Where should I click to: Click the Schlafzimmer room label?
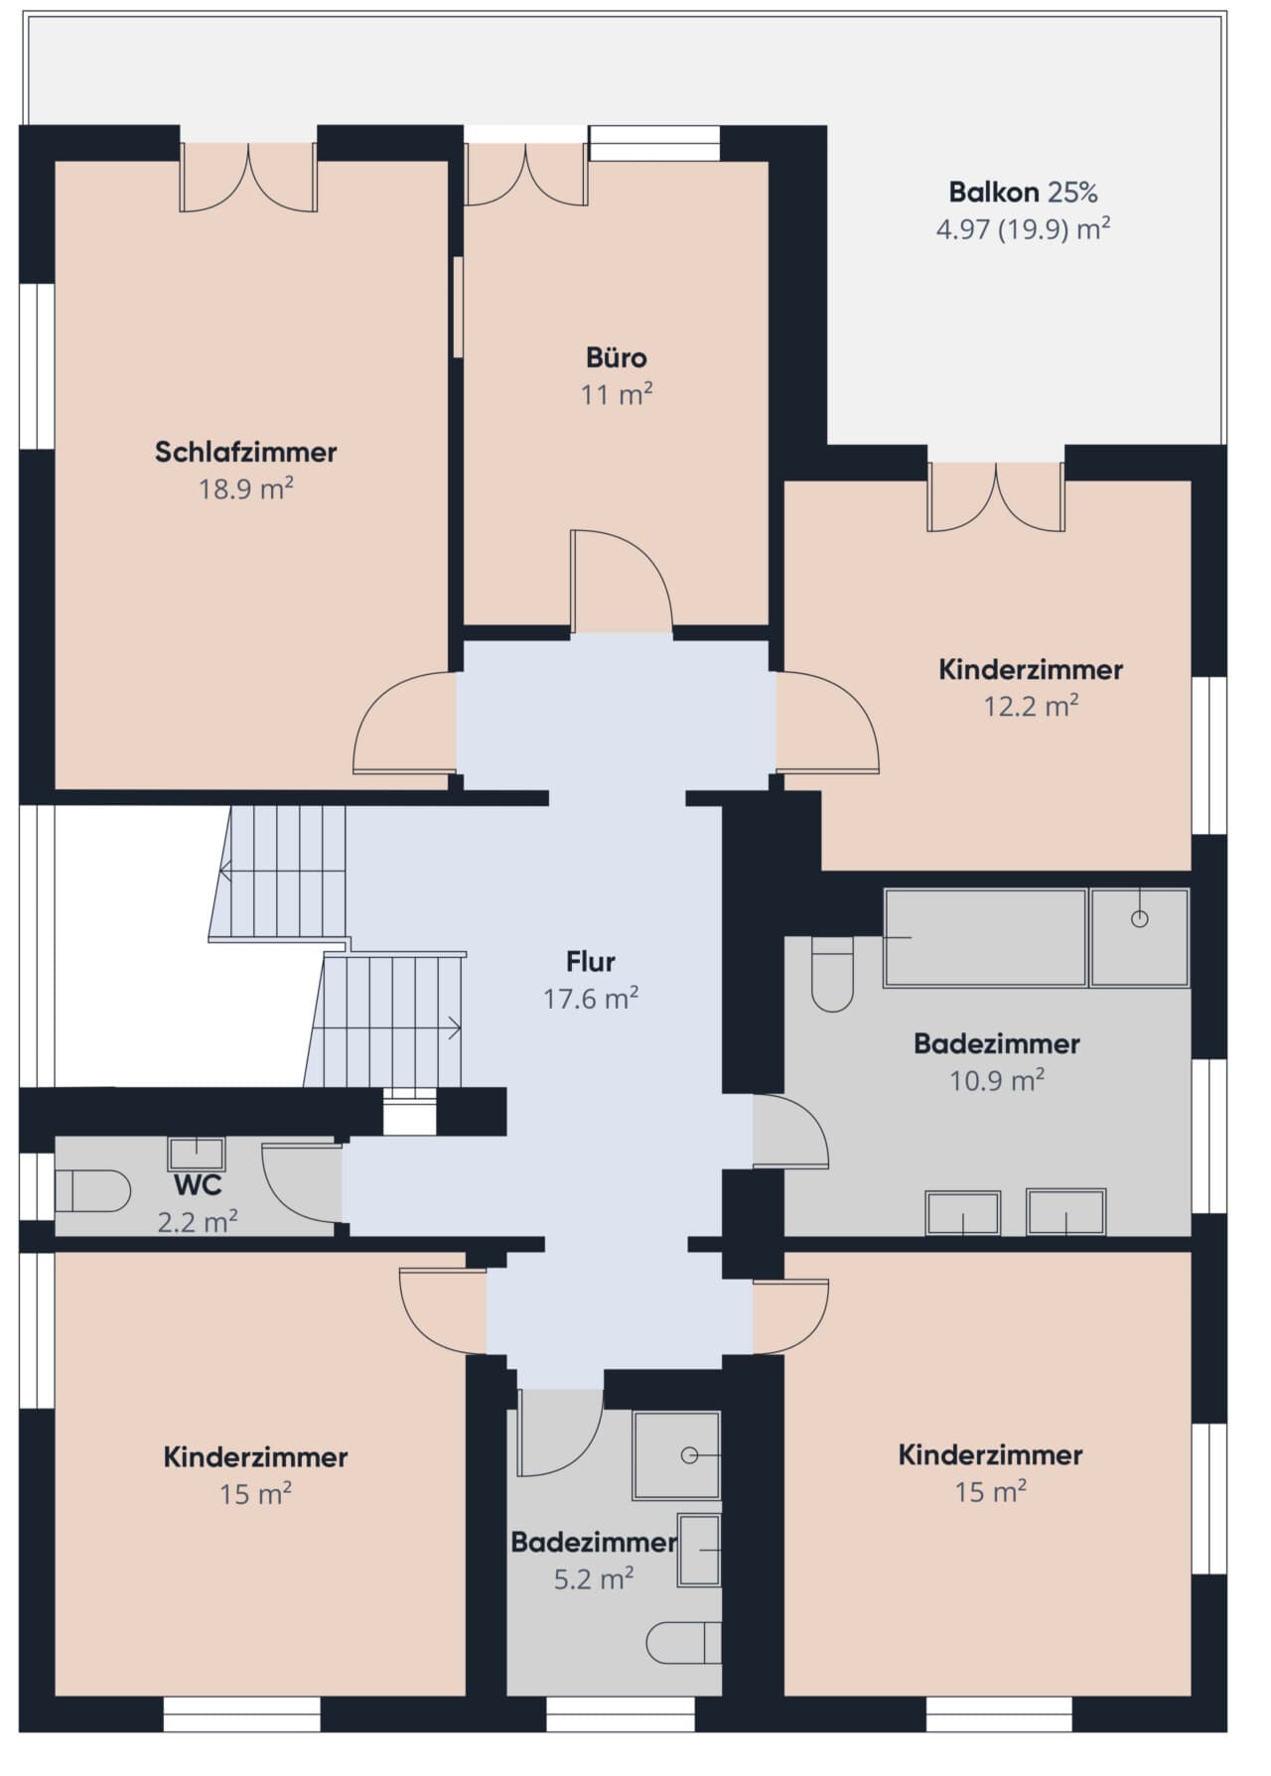245,452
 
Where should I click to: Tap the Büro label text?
617,357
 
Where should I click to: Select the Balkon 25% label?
1023,192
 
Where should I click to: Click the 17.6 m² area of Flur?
591,998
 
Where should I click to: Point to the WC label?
198,1185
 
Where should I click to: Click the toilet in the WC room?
91,1191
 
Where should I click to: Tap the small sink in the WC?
196,1154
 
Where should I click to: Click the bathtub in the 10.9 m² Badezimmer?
985,938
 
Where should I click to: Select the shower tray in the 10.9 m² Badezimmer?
1140,938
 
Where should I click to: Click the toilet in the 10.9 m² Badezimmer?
832,974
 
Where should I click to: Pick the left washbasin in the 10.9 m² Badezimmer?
963,1212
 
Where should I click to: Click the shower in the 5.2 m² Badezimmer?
677,1455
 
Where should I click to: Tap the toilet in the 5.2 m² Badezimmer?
684,1643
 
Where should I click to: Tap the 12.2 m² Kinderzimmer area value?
1031,706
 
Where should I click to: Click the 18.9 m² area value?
245,488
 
